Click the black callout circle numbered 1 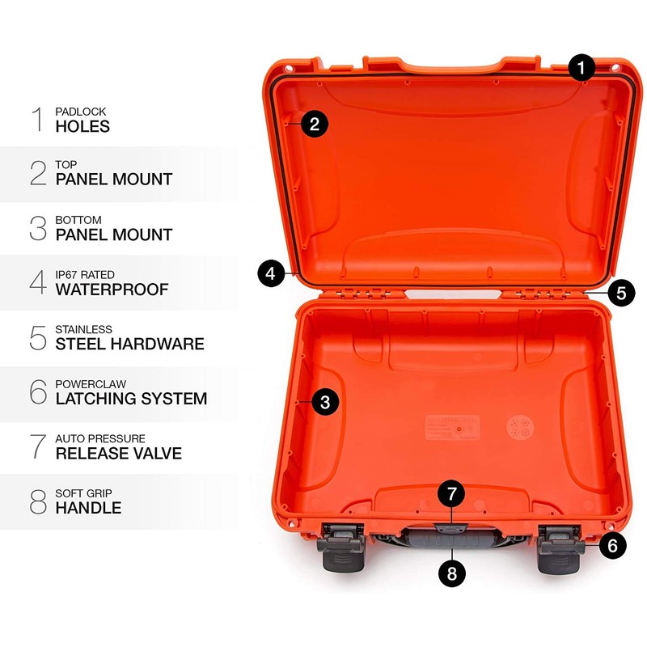581,67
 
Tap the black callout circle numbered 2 315,124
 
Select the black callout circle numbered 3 324,402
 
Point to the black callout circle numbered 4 272,273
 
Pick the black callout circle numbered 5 620,292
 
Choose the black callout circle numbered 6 612,545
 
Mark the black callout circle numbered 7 452,493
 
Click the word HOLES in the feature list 82,126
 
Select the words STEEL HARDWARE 129,344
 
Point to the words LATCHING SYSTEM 131,398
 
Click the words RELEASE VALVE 118,453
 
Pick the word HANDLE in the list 88,508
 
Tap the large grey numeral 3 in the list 38,227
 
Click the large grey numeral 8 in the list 38,501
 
